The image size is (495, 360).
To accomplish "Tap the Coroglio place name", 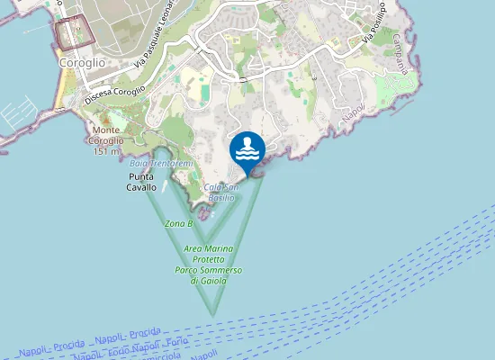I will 81,63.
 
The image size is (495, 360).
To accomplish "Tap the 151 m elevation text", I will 106,151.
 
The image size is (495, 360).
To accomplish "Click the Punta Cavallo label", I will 141,182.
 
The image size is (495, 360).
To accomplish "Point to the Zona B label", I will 178,223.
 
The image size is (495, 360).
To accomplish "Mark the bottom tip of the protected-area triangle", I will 213,314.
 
